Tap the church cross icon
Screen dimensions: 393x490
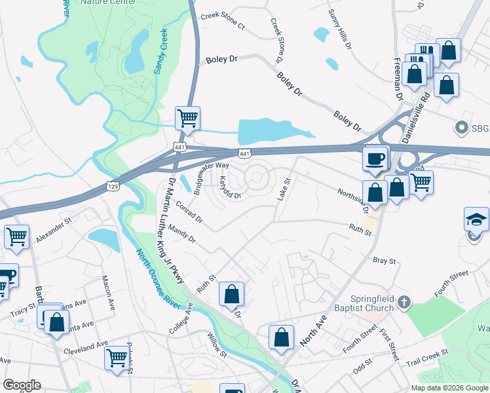click(405, 302)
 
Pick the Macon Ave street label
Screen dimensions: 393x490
click(109, 292)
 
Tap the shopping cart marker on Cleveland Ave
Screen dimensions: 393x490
click(117, 358)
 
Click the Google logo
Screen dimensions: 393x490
click(22, 385)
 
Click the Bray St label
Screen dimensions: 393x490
click(385, 261)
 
